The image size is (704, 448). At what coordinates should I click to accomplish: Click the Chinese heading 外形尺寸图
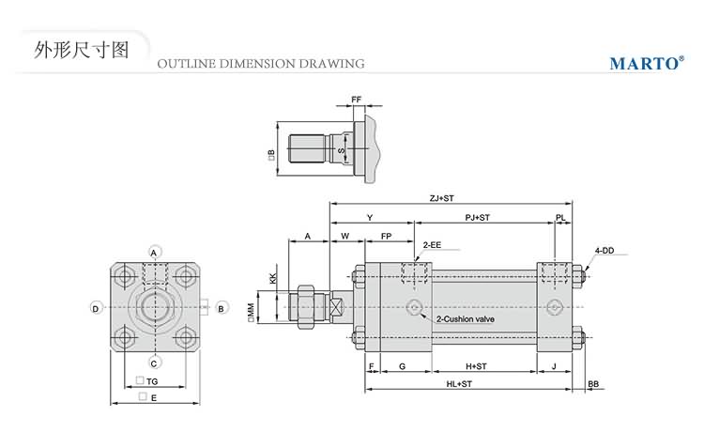pyautogui.click(x=80, y=49)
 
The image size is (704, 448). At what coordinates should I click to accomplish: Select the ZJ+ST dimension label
pyautogui.click(x=441, y=198)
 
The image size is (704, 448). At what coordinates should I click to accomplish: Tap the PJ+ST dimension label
pyautogui.click(x=478, y=217)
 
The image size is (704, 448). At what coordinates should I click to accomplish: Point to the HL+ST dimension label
pyautogui.click(x=460, y=384)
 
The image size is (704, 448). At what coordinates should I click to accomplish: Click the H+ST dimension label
pyautogui.click(x=476, y=365)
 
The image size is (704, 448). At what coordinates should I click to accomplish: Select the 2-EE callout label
pyautogui.click(x=432, y=244)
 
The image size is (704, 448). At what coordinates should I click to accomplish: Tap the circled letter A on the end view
pyautogui.click(x=156, y=252)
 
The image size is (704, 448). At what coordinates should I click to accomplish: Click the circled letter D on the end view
pyautogui.click(x=96, y=308)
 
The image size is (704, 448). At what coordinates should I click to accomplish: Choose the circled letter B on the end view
pyautogui.click(x=221, y=308)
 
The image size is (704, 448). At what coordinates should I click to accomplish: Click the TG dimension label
pyautogui.click(x=147, y=380)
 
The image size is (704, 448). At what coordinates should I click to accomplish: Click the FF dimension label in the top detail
pyautogui.click(x=357, y=99)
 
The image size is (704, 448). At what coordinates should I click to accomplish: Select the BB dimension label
pyautogui.click(x=593, y=384)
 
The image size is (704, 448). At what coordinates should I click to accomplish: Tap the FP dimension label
pyautogui.click(x=386, y=235)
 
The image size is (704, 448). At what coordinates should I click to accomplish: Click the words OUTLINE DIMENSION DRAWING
pyautogui.click(x=261, y=64)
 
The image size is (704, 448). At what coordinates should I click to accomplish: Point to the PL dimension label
pyautogui.click(x=560, y=217)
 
